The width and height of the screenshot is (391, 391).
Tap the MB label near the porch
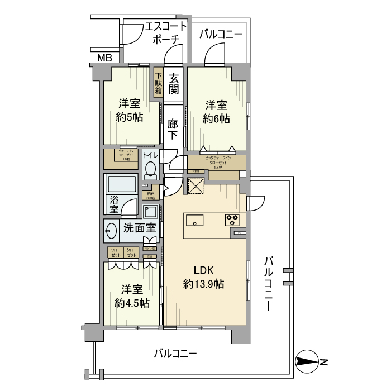104,58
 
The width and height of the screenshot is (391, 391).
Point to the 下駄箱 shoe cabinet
159,83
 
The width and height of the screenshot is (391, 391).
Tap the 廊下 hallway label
173,129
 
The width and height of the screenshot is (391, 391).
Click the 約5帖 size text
130,117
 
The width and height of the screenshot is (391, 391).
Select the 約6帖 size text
216,118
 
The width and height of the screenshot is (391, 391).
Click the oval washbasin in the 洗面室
111,229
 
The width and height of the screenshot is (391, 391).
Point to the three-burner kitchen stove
232,220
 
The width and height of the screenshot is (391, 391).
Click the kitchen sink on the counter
193,219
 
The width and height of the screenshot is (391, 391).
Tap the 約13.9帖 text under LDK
204,284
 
